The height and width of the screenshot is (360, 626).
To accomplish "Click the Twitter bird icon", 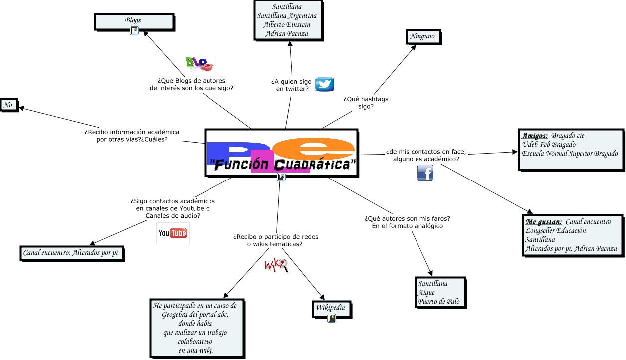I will tap(324, 84).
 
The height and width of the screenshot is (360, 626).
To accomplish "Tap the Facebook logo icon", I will tap(425, 173).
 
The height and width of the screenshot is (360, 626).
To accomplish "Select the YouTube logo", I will tap(172, 233).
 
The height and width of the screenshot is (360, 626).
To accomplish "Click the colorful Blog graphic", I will tap(199, 63).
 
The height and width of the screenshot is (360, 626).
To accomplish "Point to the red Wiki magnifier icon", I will tap(276, 265).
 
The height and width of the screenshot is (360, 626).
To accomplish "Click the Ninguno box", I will tap(422, 36).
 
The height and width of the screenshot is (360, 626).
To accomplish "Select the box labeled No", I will tap(8, 105).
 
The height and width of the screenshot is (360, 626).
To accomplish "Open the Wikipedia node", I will tap(330, 307).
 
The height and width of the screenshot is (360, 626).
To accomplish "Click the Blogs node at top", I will tap(133, 20).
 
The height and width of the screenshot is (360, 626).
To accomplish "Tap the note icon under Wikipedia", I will tap(331, 318).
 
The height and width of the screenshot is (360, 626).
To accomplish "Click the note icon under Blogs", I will tap(134, 31).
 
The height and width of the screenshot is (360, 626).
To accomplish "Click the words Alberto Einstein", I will tap(287, 25).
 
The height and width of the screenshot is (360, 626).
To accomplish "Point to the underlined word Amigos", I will tap(535, 135).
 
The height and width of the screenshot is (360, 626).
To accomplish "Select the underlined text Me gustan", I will tap(543, 221).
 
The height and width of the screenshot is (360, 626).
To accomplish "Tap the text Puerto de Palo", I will tap(439, 301).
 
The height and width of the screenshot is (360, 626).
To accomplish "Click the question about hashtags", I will tap(366, 102).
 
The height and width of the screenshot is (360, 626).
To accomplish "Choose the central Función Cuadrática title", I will tap(282, 164).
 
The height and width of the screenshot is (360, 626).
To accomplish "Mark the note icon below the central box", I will tap(281, 177).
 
